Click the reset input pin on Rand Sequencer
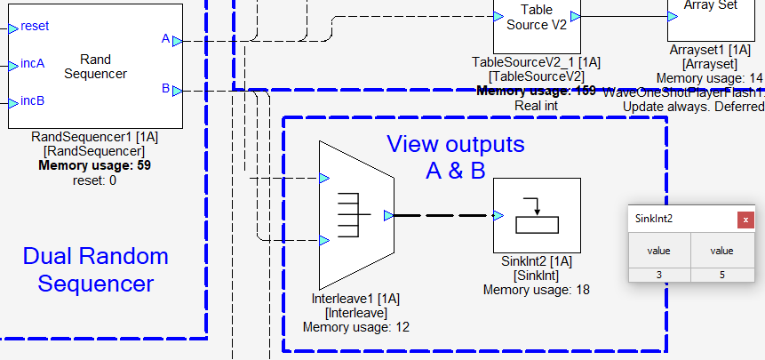pyautogui.click(x=13, y=28)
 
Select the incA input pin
pyautogui.click(x=13, y=64)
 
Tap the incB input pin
pyautogui.click(x=13, y=101)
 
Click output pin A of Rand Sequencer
pyautogui.click(x=177, y=41)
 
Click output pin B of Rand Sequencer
pyautogui.click(x=177, y=90)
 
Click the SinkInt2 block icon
pyautogui.click(x=537, y=216)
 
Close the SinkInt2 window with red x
pyautogui.click(x=746, y=219)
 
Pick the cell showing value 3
pyautogui.click(x=659, y=275)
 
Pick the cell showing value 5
pyautogui.click(x=721, y=275)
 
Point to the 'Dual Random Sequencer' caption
pyautogui.click(x=95, y=270)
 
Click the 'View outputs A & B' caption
pyautogui.click(x=455, y=156)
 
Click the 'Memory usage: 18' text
pyautogui.click(x=537, y=289)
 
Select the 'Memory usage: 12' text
pyautogui.click(x=356, y=327)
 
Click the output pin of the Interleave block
pyautogui.click(x=388, y=215)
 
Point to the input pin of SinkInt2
pyautogui.click(x=498, y=215)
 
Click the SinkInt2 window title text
pyautogui.click(x=656, y=219)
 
